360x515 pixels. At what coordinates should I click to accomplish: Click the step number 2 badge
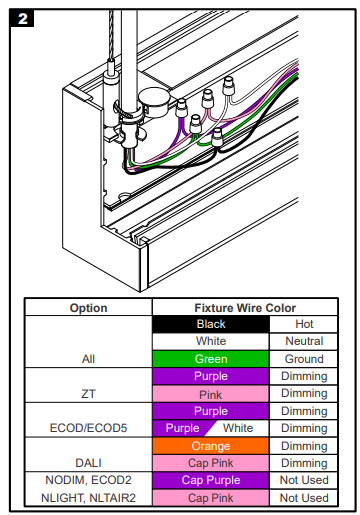(22, 18)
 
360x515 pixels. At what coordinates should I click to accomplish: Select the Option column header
(88, 308)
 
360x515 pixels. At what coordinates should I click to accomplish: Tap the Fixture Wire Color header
(245, 308)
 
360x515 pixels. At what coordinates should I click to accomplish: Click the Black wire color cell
(211, 324)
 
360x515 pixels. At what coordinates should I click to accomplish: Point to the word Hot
(304, 324)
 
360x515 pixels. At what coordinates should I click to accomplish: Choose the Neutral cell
(304, 341)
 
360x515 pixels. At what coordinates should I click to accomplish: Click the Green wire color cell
(211, 359)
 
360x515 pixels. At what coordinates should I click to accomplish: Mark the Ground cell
(304, 359)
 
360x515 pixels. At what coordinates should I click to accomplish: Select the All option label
(88, 359)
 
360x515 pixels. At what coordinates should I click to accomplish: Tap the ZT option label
(88, 394)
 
